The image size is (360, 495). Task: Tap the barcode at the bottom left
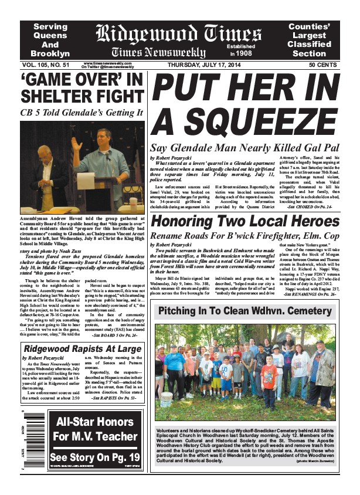click(24, 439)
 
